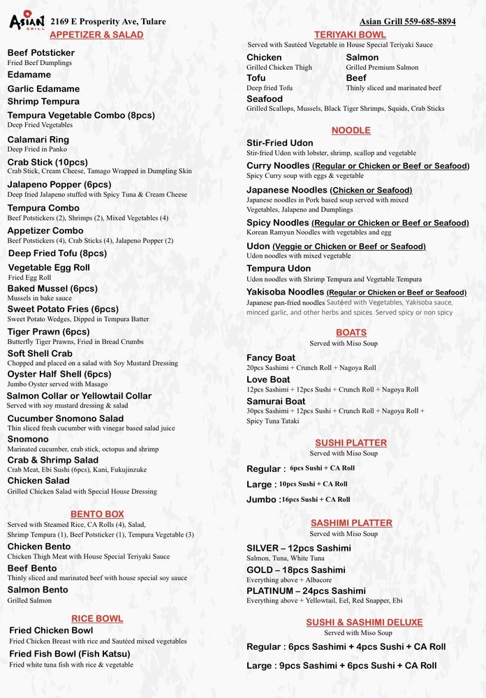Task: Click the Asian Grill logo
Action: point(27,20)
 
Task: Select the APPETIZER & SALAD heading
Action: point(96,34)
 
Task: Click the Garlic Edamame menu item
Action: point(43,89)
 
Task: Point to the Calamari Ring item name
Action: point(38,140)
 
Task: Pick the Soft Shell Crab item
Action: point(40,353)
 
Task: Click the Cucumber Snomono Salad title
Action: point(66,418)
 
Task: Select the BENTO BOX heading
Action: point(97,514)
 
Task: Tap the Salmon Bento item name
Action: point(38,590)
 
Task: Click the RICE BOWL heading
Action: point(97,618)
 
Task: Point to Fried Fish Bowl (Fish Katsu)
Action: point(69,654)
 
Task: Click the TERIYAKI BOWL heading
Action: point(350,34)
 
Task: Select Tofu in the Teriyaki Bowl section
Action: point(256,78)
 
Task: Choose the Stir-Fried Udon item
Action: point(279,143)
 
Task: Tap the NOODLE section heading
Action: point(351,131)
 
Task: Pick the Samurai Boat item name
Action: point(276,401)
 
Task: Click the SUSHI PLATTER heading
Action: point(351,443)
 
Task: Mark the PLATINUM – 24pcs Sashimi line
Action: point(306,591)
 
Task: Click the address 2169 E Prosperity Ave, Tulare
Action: point(108,22)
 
